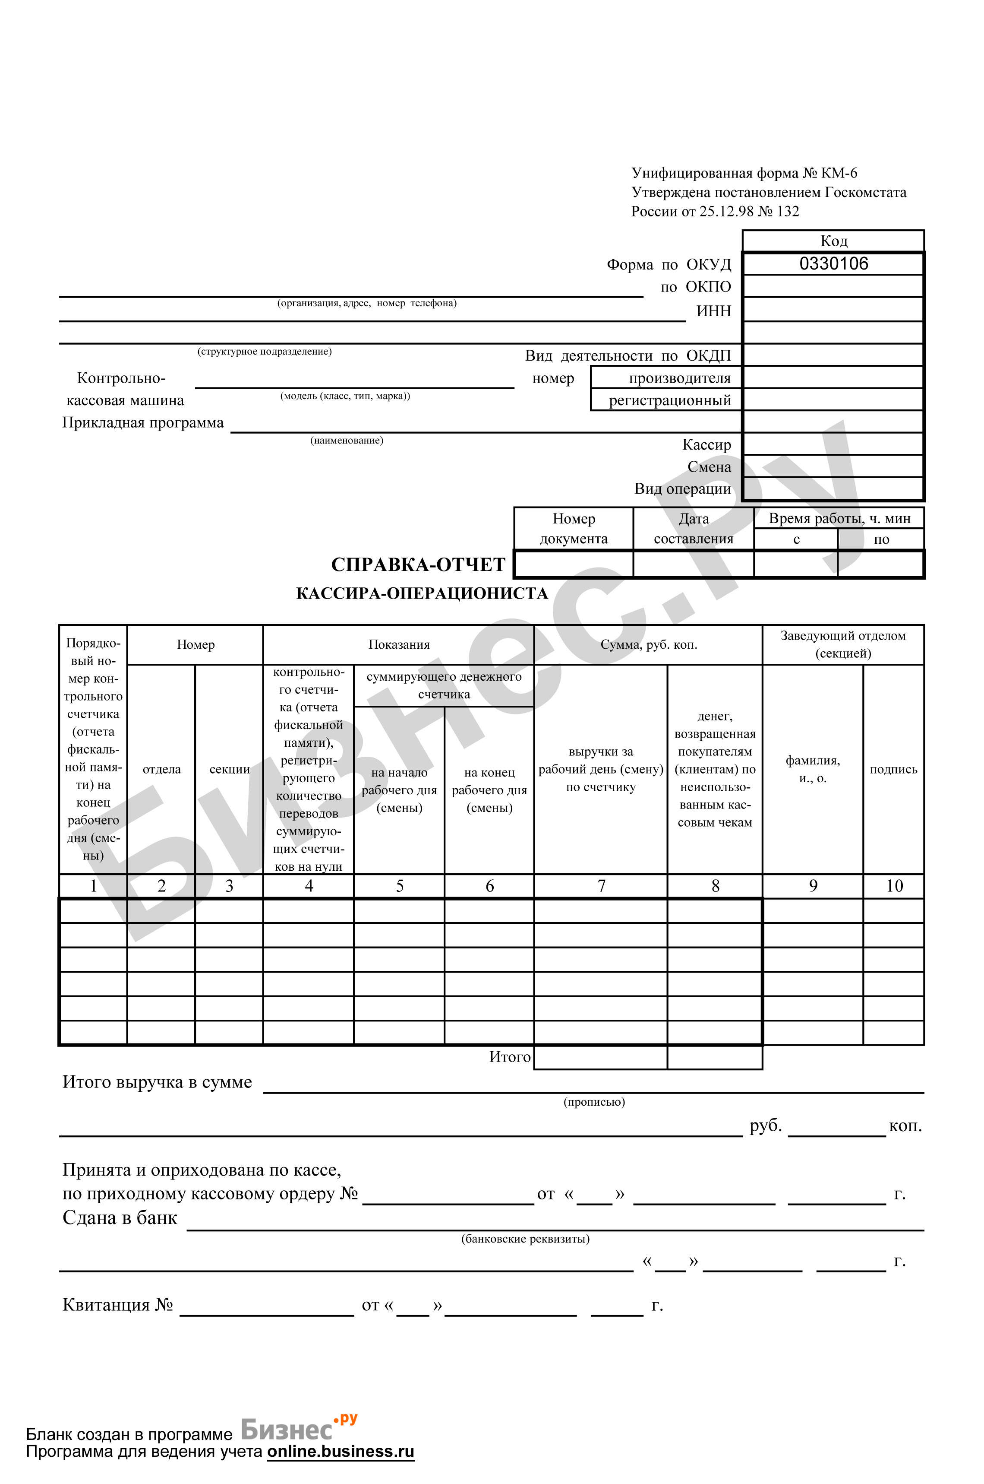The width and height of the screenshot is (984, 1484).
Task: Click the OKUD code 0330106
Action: pyautogui.click(x=833, y=264)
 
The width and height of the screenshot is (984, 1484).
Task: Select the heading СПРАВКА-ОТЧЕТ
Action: pyautogui.click(x=418, y=564)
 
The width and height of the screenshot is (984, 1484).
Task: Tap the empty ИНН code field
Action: pyautogui.click(x=833, y=310)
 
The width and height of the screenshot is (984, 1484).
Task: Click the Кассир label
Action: pyautogui.click(x=706, y=444)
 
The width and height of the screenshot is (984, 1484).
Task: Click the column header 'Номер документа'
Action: pyautogui.click(x=573, y=528)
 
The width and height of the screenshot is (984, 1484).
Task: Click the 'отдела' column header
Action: pyautogui.click(x=161, y=769)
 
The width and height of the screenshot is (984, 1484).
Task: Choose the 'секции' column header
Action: pyautogui.click(x=229, y=769)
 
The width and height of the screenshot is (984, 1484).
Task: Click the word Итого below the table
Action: pyautogui.click(x=510, y=1057)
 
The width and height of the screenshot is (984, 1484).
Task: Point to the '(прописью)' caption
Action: pyautogui.click(x=594, y=1101)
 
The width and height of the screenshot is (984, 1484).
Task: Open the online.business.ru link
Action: pyautogui.click(x=341, y=1451)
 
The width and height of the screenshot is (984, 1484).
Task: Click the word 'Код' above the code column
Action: pyautogui.click(x=833, y=241)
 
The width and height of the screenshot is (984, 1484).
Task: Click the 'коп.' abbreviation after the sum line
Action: pyautogui.click(x=905, y=1126)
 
